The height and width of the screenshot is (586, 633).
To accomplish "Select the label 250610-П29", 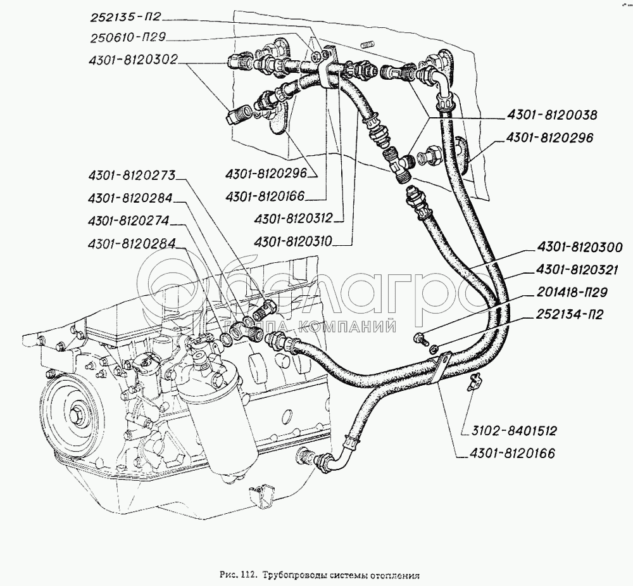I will point(130,38).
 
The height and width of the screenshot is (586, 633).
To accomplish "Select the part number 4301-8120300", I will point(580,247).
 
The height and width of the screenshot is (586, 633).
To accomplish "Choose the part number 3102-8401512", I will point(513,431).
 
